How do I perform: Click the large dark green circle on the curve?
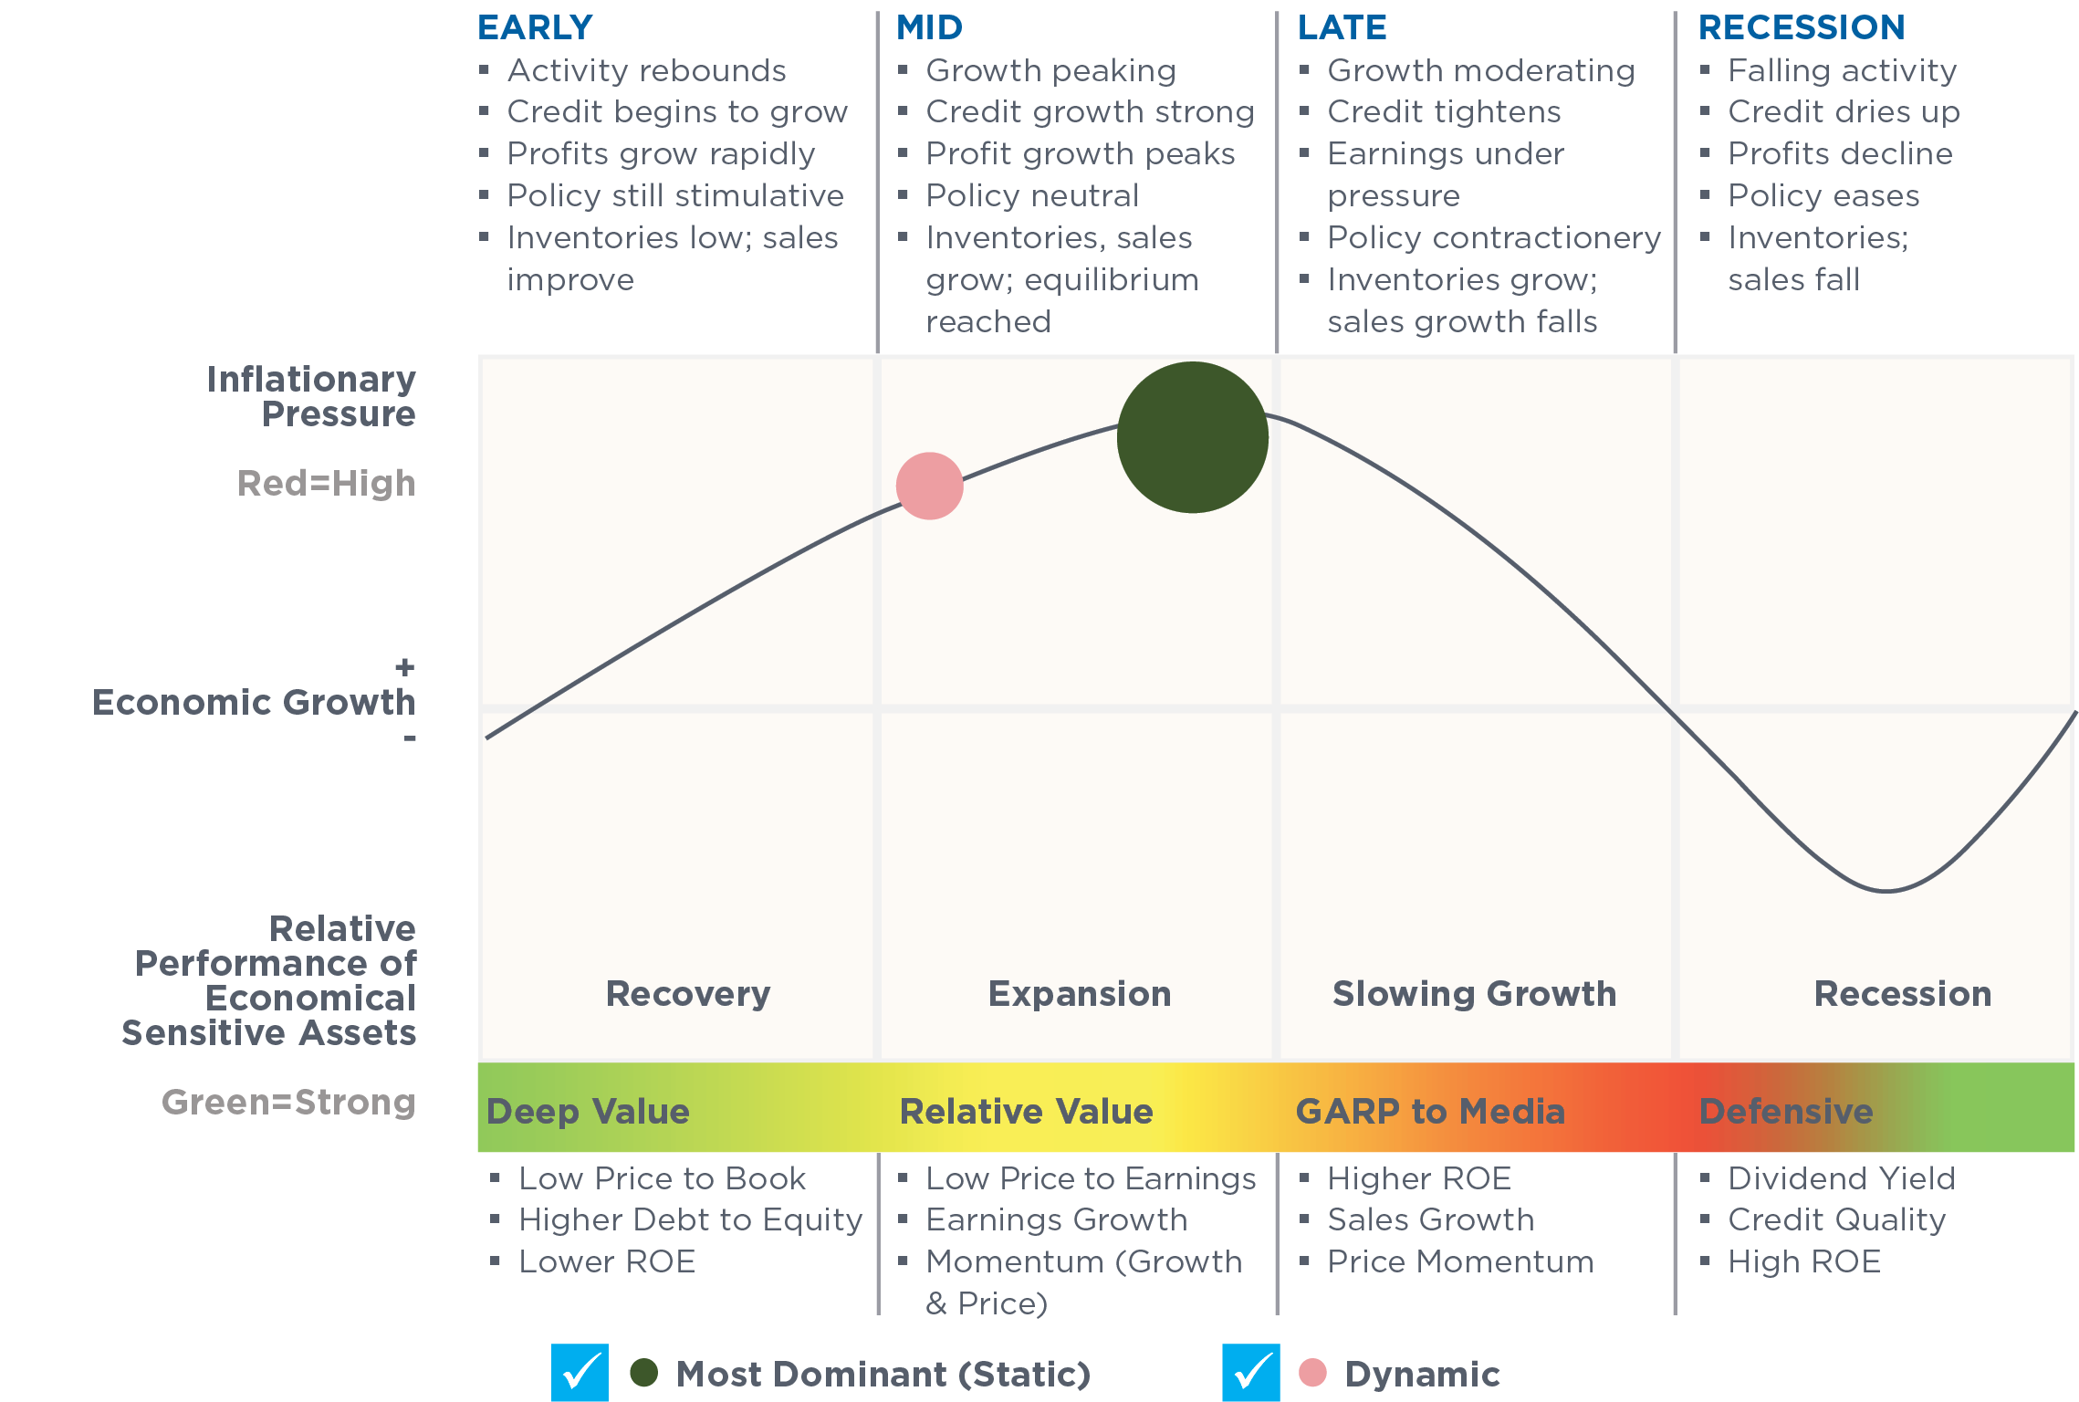click(x=1192, y=437)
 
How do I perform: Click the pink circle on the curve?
click(x=929, y=486)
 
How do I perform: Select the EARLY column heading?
click(x=535, y=27)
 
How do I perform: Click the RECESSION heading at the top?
click(x=1802, y=27)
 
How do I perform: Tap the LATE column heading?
click(x=1342, y=27)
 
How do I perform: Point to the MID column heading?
click(x=929, y=27)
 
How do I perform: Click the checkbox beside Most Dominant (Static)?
click(x=580, y=1372)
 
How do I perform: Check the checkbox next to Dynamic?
click(x=1251, y=1372)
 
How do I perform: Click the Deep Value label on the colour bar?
click(x=588, y=1111)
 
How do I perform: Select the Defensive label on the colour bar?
click(x=1786, y=1111)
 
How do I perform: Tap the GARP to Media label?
click(x=1430, y=1111)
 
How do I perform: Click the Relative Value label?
click(x=1027, y=1111)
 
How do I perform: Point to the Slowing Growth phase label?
click(x=1474, y=993)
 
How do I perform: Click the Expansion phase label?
click(x=1080, y=994)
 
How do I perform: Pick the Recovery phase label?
click(x=688, y=994)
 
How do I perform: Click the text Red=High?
click(x=326, y=484)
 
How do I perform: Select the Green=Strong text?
click(x=288, y=1103)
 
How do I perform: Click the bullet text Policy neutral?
click(x=1032, y=195)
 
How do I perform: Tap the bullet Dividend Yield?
click(x=1842, y=1178)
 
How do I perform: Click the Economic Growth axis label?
click(x=254, y=702)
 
